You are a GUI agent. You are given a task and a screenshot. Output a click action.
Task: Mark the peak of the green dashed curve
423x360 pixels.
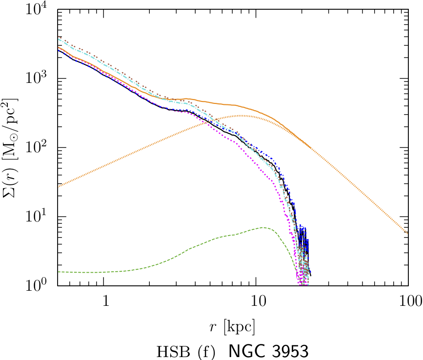coord(263,227)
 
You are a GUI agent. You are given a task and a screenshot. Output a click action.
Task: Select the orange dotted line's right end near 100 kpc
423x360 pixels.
coord(407,232)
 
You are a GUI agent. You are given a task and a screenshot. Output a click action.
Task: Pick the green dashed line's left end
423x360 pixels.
coord(58,272)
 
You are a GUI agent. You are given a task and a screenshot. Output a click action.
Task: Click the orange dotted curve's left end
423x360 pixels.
coord(58,186)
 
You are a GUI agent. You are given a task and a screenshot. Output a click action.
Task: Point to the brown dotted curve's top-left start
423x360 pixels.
coord(58,37)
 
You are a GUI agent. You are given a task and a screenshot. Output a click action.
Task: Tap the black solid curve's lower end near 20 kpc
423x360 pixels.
coord(311,276)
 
